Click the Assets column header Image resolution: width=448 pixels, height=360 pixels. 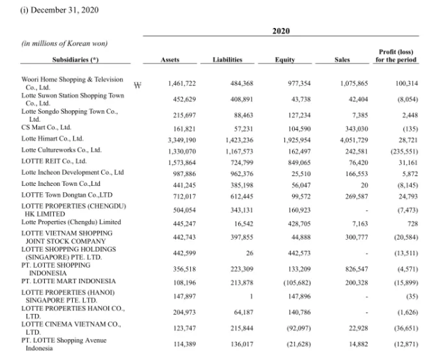[170, 59]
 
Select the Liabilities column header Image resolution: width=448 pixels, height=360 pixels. [227, 59]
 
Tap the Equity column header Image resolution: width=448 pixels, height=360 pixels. [285, 59]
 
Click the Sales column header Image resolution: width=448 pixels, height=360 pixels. [342, 59]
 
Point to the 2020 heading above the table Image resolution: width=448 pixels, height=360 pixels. [281, 31]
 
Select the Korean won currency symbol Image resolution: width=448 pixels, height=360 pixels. [138, 85]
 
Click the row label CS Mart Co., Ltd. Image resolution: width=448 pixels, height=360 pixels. [46, 127]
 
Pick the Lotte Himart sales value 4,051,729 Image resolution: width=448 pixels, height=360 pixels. [354, 141]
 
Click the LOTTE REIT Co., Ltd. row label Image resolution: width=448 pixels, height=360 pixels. [54, 161]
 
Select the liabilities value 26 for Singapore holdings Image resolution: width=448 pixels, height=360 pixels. [250, 253]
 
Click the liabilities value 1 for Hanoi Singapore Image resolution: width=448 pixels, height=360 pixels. [252, 296]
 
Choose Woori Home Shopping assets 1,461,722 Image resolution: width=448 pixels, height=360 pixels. [182, 83]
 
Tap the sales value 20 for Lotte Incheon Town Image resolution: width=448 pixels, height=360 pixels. [364, 185]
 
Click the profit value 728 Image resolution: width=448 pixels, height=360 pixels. [412, 224]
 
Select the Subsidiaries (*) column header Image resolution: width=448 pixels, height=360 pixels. [75, 59]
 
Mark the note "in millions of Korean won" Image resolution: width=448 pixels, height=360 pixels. [64, 43]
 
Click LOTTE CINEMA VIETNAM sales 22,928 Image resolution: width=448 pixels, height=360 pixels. [359, 329]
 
